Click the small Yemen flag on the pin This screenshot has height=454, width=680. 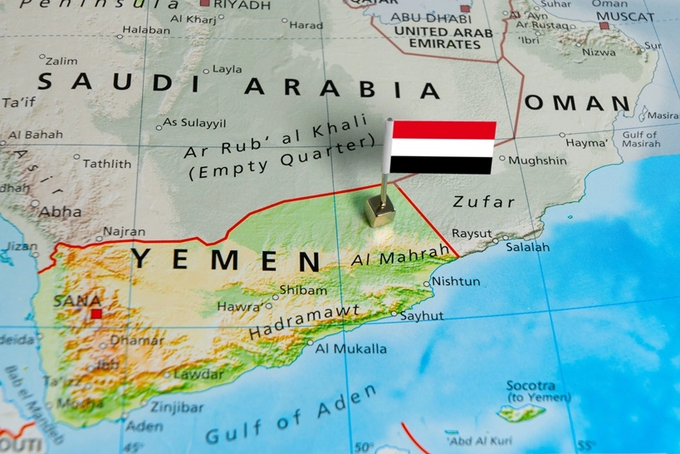point(443,147)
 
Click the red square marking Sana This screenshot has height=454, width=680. point(96,313)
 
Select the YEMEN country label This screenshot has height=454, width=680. point(226,259)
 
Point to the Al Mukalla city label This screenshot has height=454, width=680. point(350,348)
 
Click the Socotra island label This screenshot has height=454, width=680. point(531,386)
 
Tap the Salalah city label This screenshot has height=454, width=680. point(527,247)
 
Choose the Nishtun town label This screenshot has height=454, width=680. point(456,281)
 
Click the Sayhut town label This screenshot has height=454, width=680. point(422,316)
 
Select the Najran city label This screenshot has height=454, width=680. point(124,232)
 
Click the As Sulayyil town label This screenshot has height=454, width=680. point(194,123)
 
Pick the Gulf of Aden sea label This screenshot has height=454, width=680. point(290,417)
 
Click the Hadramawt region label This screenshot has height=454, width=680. point(305,322)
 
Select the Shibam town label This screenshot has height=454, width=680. point(303,290)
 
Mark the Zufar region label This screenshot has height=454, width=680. point(484,201)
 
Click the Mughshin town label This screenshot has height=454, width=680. point(537,160)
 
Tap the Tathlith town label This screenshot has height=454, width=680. point(107,163)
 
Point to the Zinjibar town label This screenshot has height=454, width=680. point(177,407)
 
